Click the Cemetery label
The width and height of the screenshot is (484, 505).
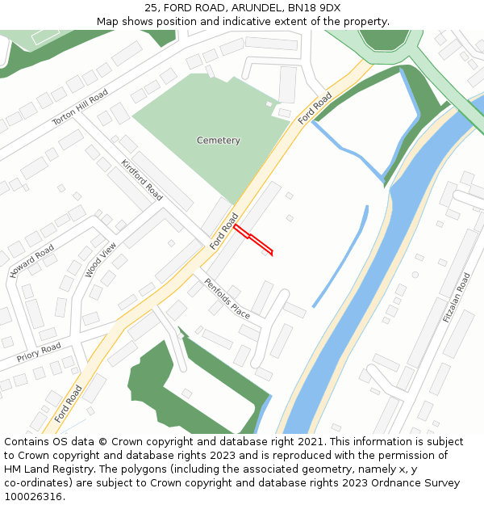218,141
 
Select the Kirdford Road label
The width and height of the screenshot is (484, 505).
142,179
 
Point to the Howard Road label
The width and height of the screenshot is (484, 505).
32,261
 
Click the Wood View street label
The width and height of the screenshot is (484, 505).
101,259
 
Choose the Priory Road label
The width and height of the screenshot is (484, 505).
39,352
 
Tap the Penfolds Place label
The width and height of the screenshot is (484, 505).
227,298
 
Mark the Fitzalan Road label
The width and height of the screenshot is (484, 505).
456,298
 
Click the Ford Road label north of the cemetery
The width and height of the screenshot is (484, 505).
315,108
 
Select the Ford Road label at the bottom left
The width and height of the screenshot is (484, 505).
69,404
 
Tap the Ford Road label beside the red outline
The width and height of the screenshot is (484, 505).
225,230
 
